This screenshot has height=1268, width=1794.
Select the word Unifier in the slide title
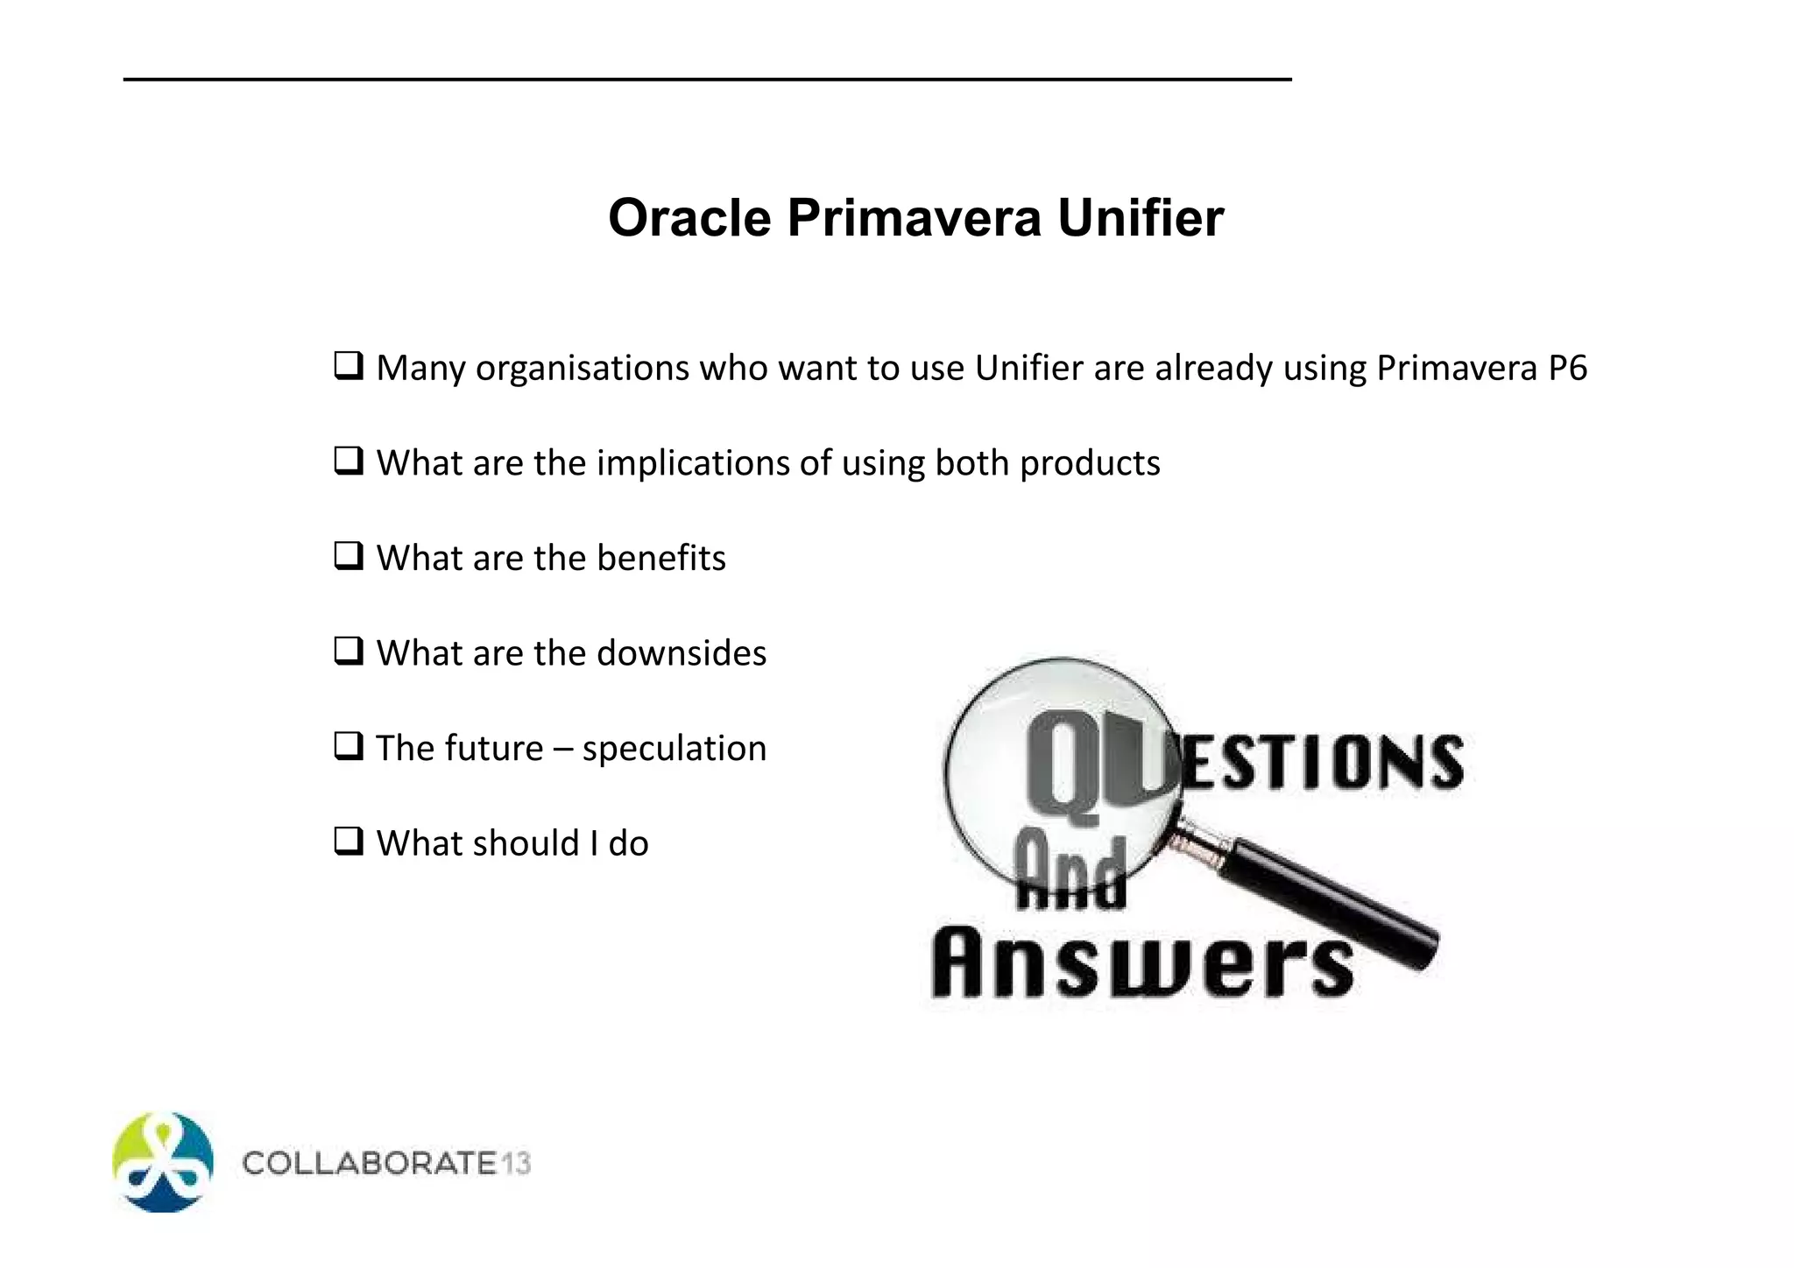(x=1140, y=218)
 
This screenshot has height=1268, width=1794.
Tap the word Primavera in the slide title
(x=914, y=218)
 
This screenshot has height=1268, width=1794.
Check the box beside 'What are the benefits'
(x=348, y=556)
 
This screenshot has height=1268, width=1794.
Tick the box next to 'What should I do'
(x=348, y=842)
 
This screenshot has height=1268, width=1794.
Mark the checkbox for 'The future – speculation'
(x=348, y=747)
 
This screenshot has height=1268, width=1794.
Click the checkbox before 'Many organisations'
(x=348, y=365)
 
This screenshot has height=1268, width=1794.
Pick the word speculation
(x=674, y=749)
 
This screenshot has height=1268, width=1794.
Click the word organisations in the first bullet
(x=582, y=368)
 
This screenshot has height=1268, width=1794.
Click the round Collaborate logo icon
(x=163, y=1162)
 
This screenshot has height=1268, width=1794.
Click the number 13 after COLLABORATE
(x=516, y=1164)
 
